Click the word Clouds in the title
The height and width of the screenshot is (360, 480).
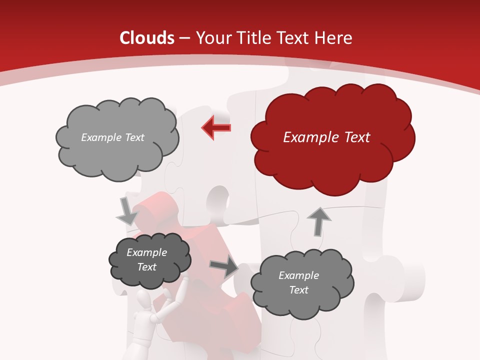pyautogui.click(x=147, y=38)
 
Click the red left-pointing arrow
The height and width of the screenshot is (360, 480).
pyautogui.click(x=216, y=127)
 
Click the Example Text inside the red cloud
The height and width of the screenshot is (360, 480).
pyautogui.click(x=326, y=137)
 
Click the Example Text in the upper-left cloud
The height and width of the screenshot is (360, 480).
pyautogui.click(x=112, y=137)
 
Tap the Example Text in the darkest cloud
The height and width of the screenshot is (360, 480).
pyautogui.click(x=147, y=260)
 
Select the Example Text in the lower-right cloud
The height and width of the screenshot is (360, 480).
pyautogui.click(x=298, y=282)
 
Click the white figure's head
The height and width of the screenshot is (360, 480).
pyautogui.click(x=144, y=300)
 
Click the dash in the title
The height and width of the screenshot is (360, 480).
pyautogui.click(x=184, y=38)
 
